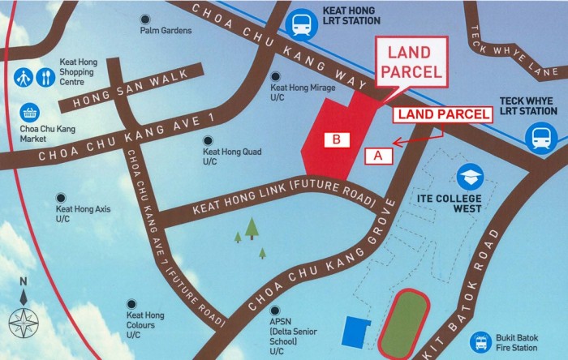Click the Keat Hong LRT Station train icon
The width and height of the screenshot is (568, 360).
(x=303, y=24)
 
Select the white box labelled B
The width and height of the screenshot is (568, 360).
(x=336, y=139)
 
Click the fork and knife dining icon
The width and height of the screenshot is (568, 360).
(x=44, y=78)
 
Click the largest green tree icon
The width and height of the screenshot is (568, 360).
(x=252, y=228)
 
